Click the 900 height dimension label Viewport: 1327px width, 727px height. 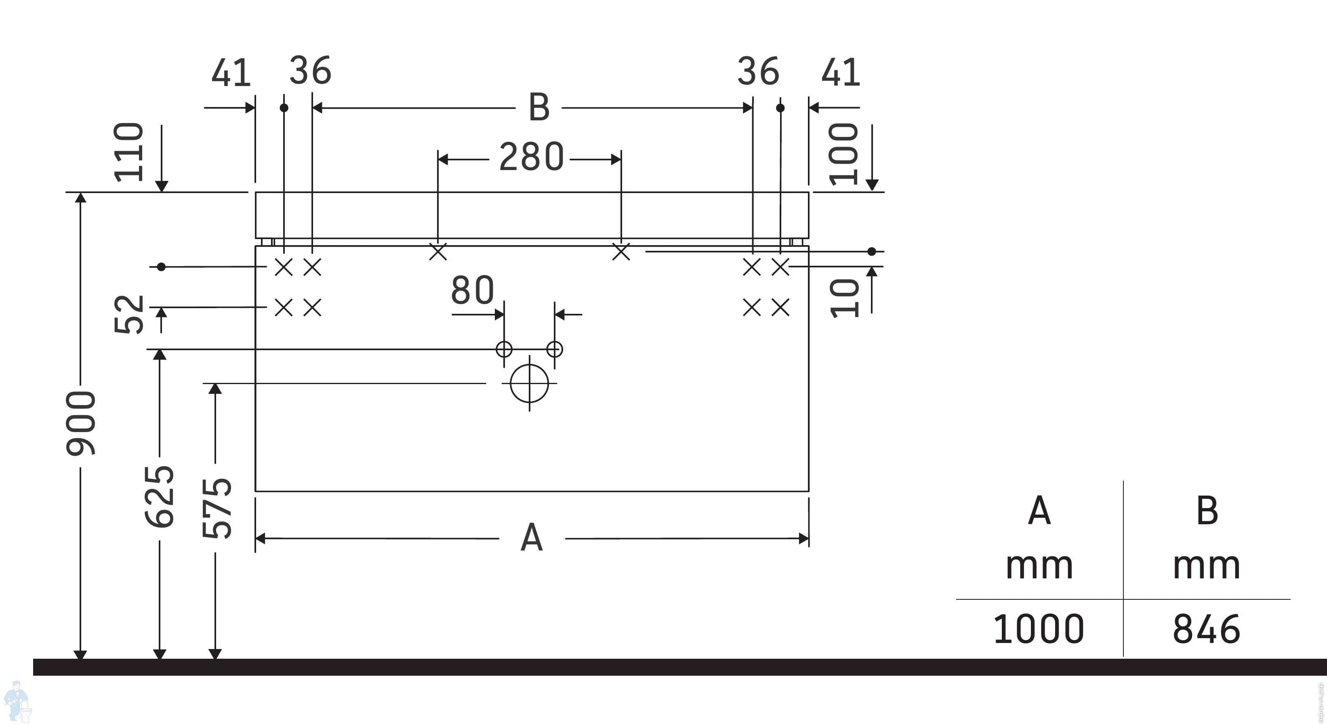point(81,423)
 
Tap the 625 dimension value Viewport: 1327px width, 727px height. point(160,497)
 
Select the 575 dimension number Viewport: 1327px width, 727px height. point(217,508)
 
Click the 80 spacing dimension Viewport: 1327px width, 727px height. point(472,290)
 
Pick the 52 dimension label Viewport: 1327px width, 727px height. point(128,314)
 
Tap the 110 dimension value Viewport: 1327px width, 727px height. point(128,152)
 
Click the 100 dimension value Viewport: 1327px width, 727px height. point(843,154)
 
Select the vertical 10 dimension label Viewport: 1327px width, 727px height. point(844,298)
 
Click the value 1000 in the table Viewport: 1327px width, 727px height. point(1039,629)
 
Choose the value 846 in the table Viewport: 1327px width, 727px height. point(1207,629)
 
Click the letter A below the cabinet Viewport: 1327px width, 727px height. point(532,538)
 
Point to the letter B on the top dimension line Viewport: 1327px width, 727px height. point(539,107)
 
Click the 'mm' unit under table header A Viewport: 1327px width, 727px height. point(1039,566)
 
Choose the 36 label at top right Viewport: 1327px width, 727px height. point(758,71)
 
